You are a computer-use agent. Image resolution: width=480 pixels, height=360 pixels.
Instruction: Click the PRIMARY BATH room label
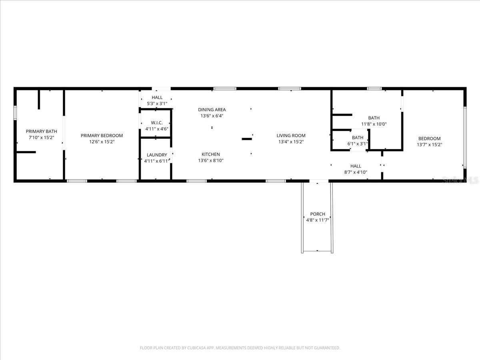pos(41,131)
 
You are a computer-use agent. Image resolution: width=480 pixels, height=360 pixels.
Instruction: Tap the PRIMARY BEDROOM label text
pos(102,136)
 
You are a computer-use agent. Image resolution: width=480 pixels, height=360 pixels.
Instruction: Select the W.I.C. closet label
pos(156,122)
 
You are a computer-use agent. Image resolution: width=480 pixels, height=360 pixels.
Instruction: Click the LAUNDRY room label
pos(157,155)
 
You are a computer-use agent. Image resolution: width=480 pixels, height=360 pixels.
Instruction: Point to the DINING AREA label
pos(212,110)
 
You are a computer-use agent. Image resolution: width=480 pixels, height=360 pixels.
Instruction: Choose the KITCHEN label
pos(211,154)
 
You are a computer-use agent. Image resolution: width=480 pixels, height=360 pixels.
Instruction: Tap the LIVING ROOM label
pos(291,136)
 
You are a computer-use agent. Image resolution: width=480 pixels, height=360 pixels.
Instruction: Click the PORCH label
pos(318,214)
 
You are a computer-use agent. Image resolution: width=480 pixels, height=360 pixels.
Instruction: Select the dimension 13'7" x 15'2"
pos(430,145)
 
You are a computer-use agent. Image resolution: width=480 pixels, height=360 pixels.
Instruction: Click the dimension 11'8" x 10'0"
pos(374,124)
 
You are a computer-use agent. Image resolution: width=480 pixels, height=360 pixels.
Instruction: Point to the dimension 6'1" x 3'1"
pos(358,144)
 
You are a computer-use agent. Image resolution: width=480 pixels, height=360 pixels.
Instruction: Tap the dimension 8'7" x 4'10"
pos(356,172)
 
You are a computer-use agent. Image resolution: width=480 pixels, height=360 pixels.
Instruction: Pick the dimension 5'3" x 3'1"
pos(157,104)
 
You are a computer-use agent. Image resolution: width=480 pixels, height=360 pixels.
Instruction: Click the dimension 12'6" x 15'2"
pos(102,142)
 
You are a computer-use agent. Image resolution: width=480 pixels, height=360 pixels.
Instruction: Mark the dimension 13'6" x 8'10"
pos(211,160)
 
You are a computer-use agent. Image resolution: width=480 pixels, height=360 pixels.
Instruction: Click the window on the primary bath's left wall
pos(15,113)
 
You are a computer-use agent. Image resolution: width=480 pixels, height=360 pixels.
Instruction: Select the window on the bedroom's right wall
pos(465,137)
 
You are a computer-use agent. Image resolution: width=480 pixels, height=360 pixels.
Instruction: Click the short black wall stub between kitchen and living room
pos(247,139)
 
